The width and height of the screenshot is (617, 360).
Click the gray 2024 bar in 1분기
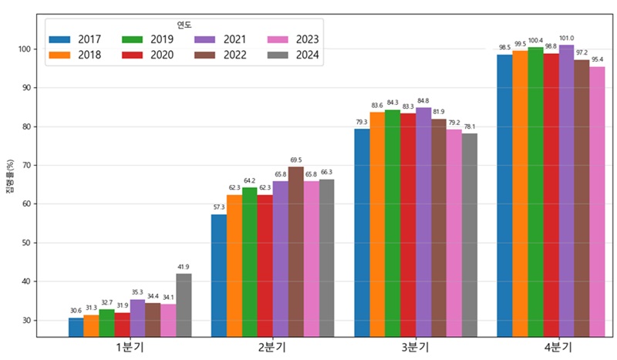[x=184, y=304]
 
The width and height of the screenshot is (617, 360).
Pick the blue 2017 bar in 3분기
[x=362, y=232]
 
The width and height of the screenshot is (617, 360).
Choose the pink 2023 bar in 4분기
[x=597, y=201]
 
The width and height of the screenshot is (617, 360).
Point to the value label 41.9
[x=184, y=267]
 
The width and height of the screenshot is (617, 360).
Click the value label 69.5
[x=295, y=160]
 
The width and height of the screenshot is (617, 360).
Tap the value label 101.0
[x=566, y=38]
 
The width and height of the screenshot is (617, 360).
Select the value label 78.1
[x=469, y=127]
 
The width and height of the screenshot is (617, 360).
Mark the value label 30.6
[x=76, y=311]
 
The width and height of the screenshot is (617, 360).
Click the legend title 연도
[x=184, y=25]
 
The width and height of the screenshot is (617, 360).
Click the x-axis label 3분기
[x=416, y=348]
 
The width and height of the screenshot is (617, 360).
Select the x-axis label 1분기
[x=130, y=348]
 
